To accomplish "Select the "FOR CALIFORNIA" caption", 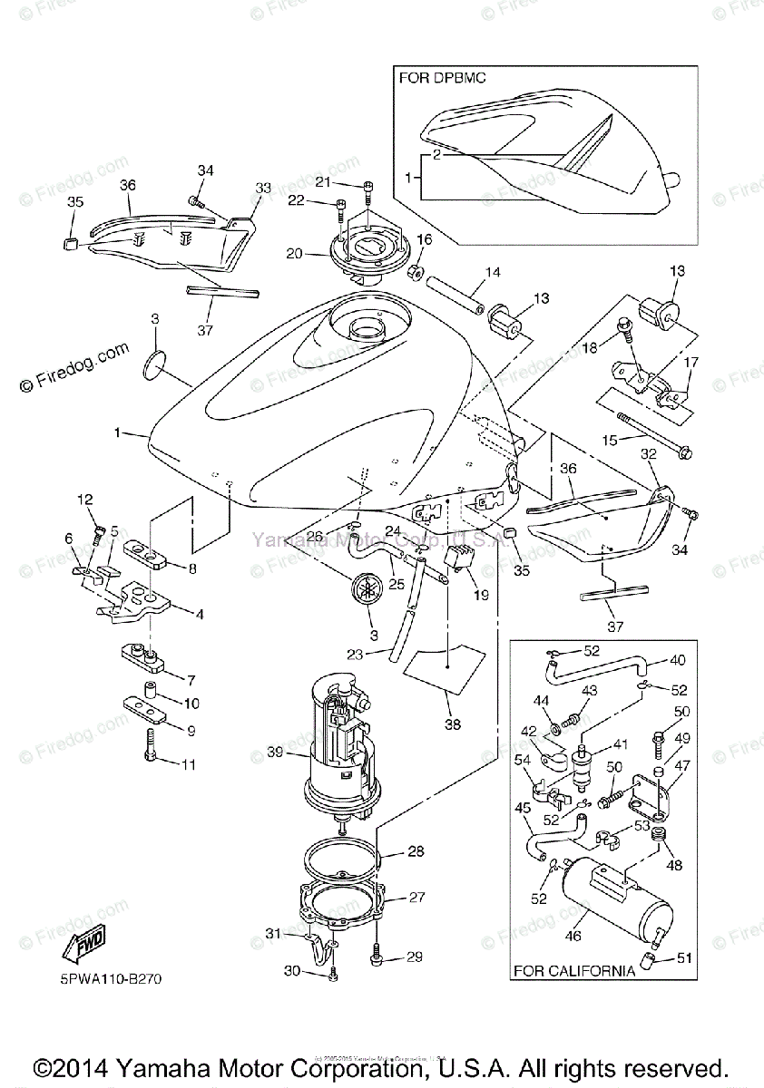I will coord(574,971).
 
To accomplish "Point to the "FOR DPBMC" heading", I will coord(443,78).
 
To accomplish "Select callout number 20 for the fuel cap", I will coord(293,255).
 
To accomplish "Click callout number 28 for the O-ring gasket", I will coord(416,852).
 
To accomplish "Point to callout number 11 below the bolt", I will coord(188,765).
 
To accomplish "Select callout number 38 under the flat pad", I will coord(451,724).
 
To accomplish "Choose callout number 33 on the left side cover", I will coord(263,188).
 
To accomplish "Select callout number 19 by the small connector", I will coord(480,597).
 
